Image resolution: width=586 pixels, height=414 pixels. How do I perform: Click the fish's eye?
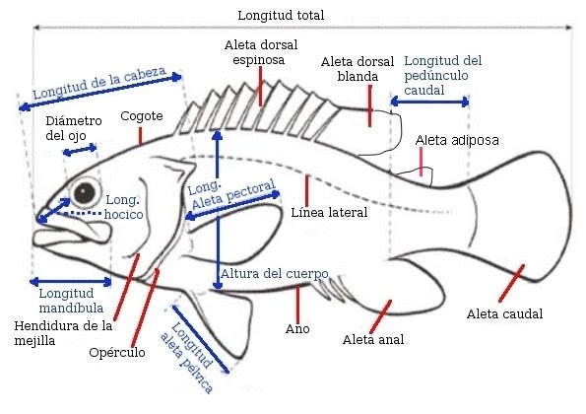[x=87, y=190]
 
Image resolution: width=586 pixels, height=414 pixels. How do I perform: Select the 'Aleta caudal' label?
[x=505, y=314]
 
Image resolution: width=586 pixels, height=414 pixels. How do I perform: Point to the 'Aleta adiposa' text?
[x=457, y=141]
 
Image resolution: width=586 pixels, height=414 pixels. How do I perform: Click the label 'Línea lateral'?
[x=329, y=212]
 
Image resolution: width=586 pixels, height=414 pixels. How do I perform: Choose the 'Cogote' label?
[x=141, y=116]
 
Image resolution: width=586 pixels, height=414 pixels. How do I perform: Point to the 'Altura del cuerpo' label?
[x=273, y=273]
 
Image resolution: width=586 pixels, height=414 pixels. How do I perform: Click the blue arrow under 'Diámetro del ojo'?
[x=80, y=150]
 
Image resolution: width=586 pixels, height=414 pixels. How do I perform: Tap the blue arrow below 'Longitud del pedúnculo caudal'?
[x=429, y=100]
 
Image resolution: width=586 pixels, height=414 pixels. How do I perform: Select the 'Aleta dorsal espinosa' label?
[x=260, y=52]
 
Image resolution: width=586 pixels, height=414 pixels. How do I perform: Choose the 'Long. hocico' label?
[x=124, y=205]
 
